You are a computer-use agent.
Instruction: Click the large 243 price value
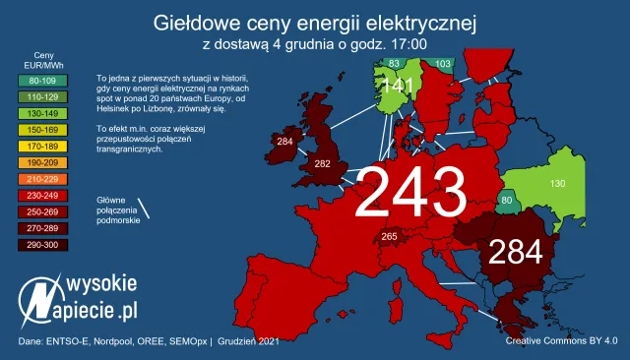click(x=409, y=191)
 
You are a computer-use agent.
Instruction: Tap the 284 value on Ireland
click(x=285, y=143)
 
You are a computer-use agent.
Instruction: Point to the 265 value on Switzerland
click(x=389, y=236)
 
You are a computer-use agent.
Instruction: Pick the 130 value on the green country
click(x=557, y=184)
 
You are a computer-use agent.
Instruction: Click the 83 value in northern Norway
click(x=394, y=64)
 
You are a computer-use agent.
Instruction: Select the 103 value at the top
click(x=443, y=64)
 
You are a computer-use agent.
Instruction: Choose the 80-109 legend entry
click(x=42, y=80)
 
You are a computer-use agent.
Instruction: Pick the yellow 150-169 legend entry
click(x=42, y=129)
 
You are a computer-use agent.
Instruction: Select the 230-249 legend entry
click(x=42, y=195)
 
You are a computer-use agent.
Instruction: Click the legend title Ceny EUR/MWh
click(x=42, y=61)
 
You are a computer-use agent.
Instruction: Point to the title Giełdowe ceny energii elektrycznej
click(x=315, y=22)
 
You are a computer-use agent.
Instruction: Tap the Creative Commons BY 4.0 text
click(x=561, y=340)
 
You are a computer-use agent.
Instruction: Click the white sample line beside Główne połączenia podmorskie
click(x=144, y=210)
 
